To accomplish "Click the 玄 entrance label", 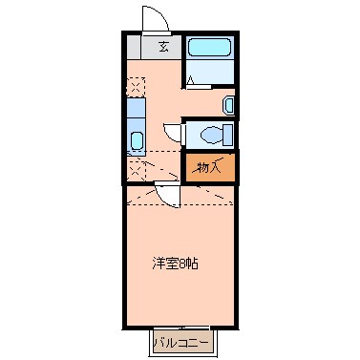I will (163, 46).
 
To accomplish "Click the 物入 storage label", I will (207, 168).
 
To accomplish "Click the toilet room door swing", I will (173, 135).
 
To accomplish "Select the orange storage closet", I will (208, 168).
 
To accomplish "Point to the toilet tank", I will (228, 133).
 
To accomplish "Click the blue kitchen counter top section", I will (135, 114).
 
